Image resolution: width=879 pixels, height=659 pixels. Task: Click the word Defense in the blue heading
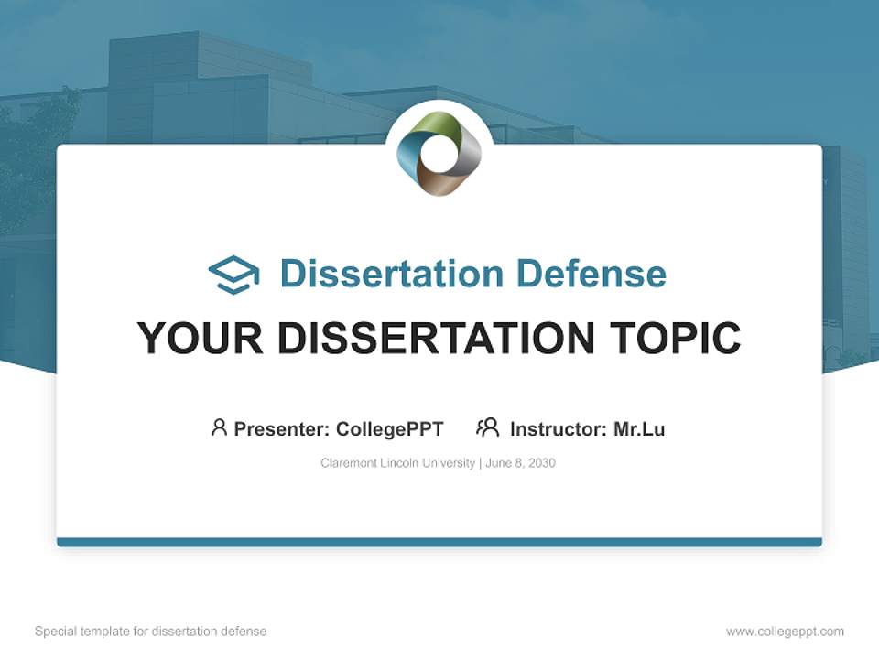591,274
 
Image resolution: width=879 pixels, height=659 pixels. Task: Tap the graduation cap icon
233,275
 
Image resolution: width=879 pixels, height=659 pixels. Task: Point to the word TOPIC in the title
676,338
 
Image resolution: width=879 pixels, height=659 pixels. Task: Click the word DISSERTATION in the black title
436,338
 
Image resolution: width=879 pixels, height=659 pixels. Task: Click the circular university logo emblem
439,154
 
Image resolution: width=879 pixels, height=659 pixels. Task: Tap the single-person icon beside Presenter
219,427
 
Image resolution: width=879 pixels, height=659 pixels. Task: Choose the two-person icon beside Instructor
488,427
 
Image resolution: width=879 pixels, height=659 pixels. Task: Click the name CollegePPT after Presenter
390,429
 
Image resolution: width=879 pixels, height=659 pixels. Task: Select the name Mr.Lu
639,429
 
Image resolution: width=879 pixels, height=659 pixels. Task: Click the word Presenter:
282,429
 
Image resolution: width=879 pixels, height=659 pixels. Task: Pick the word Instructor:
559,429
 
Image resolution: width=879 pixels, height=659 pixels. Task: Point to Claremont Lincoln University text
398,463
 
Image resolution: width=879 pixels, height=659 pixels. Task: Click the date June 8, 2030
521,463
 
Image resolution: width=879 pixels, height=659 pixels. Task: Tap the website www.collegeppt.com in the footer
785,632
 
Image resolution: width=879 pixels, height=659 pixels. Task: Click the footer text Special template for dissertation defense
151,632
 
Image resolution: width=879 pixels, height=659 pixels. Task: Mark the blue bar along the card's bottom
439,542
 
